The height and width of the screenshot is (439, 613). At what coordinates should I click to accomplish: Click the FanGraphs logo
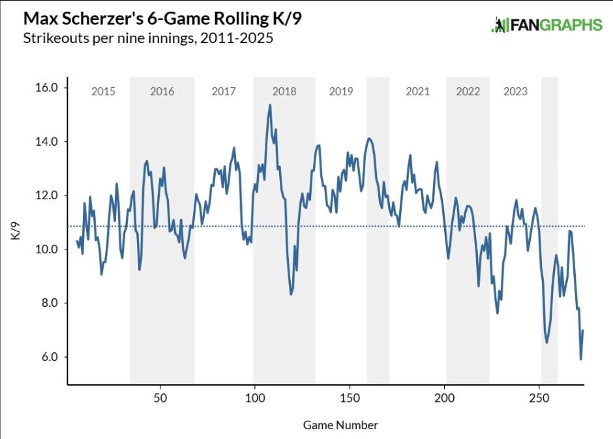[546, 25]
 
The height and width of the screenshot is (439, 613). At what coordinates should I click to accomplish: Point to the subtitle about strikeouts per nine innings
[147, 38]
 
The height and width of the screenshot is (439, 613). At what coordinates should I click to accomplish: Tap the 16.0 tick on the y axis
[46, 87]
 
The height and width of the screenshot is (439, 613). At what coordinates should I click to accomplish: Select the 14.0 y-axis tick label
[46, 141]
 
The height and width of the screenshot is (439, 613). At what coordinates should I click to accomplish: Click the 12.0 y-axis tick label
[46, 195]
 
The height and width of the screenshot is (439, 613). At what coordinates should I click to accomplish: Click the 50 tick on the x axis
[160, 397]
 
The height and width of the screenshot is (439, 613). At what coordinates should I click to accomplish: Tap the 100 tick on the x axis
[255, 397]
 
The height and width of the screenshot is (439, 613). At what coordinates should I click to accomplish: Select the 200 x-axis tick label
[445, 397]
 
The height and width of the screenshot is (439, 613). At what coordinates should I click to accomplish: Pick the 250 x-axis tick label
[539, 397]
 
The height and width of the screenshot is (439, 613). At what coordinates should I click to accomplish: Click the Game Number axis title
[340, 425]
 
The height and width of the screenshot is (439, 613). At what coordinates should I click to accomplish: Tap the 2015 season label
[103, 91]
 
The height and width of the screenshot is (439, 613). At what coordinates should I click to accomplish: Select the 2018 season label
[284, 91]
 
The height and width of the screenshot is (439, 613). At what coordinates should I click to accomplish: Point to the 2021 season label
[417, 91]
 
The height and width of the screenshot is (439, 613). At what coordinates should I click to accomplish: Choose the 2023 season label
[515, 91]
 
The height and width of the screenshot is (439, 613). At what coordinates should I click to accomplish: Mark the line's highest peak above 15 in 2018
[270, 105]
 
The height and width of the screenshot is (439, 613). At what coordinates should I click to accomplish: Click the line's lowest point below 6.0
[580, 359]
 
